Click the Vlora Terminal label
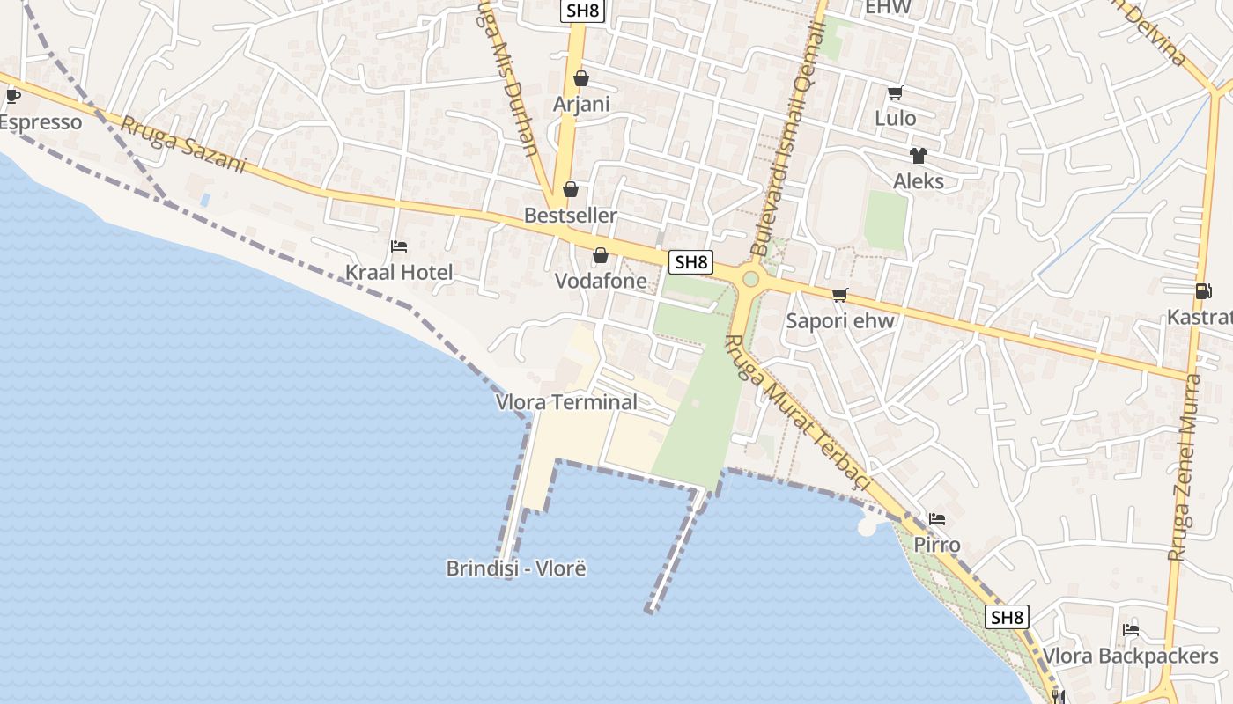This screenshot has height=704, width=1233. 566,402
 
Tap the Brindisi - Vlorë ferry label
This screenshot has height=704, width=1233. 516,568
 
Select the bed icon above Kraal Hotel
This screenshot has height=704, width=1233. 399,246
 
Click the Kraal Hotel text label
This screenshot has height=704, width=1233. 399,273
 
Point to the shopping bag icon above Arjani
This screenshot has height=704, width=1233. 580,79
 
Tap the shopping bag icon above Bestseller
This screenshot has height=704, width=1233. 571,189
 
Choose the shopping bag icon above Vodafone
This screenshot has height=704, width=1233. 601,256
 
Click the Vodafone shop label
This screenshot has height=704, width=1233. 601,282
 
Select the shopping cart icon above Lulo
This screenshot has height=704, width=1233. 895,93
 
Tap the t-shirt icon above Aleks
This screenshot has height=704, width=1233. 919,156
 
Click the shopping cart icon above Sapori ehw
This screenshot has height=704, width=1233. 840,295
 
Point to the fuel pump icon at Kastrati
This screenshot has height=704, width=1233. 1203,290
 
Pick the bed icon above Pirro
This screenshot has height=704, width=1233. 936,519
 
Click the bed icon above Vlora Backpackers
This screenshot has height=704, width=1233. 1131,630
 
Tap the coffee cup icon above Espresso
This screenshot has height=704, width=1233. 12,96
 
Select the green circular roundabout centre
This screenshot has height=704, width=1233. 750,279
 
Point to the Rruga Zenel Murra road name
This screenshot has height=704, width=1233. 1185,466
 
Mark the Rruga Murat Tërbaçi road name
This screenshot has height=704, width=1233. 796,414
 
